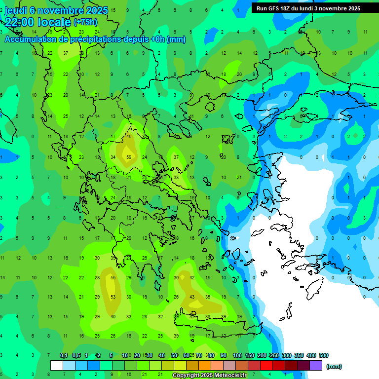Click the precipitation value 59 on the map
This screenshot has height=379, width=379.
[129, 157]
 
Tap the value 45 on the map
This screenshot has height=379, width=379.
[129, 137]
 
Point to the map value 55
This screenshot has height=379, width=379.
[113, 278]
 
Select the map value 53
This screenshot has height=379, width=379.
[113, 297]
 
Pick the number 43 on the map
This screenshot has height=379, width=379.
[192, 297]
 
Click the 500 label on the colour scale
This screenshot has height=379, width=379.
[323, 355]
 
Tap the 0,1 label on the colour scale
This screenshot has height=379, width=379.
[64, 355]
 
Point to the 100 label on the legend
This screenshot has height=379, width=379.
[237, 355]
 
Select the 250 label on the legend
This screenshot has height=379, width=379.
[274, 355]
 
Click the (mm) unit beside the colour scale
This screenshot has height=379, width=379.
[334, 367]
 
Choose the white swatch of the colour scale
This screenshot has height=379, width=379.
[57, 365]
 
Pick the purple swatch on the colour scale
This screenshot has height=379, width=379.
[316, 365]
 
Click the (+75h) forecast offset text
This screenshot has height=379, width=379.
[85, 22]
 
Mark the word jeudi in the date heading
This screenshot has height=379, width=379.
[16, 10]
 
